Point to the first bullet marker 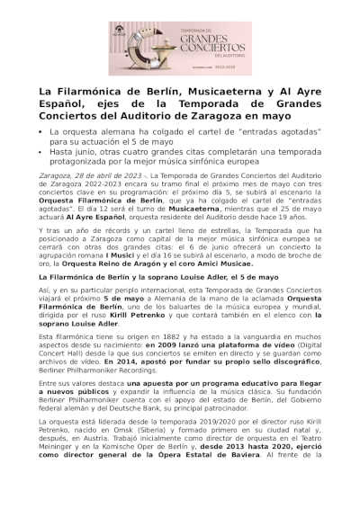tap(40, 132)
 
